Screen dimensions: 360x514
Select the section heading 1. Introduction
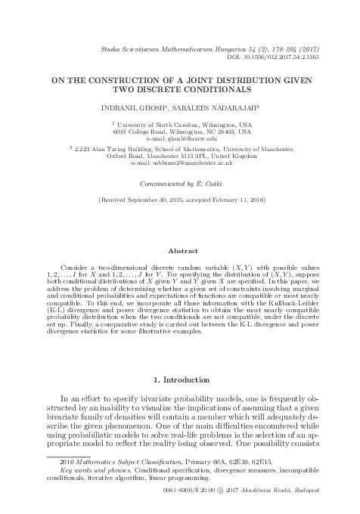[179, 378]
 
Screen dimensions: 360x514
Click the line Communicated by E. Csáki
[179, 184]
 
